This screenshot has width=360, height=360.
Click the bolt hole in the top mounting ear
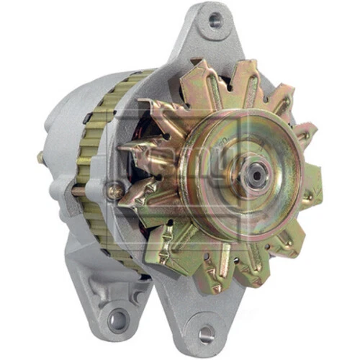[213, 21]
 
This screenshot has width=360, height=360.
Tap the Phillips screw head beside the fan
[114, 192]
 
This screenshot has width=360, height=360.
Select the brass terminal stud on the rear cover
[42, 157]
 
